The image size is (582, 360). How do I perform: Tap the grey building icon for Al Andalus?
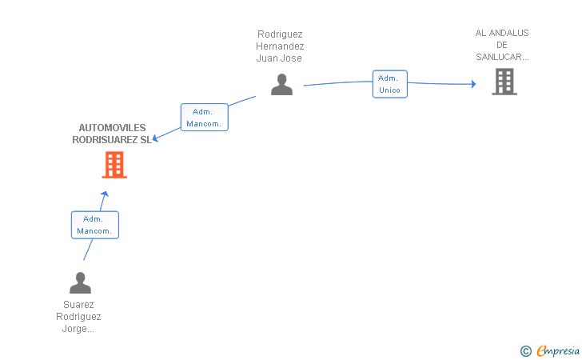click(x=504, y=81)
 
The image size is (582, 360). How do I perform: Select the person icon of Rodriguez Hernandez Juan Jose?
click(x=281, y=84)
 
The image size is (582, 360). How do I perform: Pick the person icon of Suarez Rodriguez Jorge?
click(x=80, y=282)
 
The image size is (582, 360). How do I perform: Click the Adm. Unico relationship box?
click(x=389, y=84)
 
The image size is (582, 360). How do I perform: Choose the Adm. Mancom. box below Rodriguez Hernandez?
click(x=204, y=118)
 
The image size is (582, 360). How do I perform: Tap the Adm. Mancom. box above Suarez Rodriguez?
click(x=94, y=225)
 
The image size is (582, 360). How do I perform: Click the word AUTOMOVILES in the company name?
click(x=112, y=128)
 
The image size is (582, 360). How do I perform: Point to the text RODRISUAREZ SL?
click(x=111, y=139)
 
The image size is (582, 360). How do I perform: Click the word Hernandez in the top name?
click(x=280, y=46)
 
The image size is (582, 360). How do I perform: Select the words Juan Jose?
click(x=280, y=58)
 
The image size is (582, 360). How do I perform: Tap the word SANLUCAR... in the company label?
click(x=502, y=57)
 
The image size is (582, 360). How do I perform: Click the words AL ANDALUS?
click(x=502, y=33)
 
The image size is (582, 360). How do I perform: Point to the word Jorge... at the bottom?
click(x=78, y=329)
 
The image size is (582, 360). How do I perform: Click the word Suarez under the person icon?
click(x=78, y=305)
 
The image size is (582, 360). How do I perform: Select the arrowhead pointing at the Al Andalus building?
click(x=473, y=84)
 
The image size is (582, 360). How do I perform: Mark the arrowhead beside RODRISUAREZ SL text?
click(x=156, y=138)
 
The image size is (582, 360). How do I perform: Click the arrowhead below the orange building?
click(x=104, y=194)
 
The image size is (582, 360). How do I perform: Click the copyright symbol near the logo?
click(x=525, y=350)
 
